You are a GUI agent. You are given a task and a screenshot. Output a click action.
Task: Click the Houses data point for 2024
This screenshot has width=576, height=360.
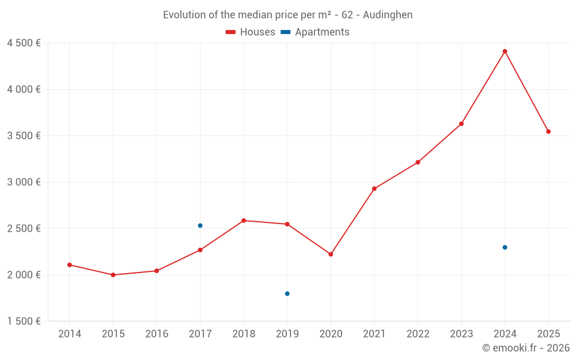505,51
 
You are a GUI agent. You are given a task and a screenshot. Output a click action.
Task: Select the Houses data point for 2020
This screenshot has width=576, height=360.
331,254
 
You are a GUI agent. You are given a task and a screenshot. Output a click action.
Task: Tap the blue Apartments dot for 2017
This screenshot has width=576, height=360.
200,225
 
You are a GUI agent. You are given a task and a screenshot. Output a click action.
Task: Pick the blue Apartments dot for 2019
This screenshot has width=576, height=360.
287,294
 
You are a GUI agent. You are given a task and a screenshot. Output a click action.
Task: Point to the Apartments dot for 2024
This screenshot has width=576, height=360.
505,247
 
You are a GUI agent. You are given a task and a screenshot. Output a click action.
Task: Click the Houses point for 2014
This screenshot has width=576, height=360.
70,265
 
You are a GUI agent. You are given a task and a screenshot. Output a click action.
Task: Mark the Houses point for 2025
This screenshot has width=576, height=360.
548,131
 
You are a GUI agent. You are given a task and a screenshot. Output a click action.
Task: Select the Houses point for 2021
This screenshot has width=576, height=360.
374,188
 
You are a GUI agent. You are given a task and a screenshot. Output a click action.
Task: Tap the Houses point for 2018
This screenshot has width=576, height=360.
244,221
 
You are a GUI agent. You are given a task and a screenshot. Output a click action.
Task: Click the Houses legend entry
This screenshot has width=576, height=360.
251,32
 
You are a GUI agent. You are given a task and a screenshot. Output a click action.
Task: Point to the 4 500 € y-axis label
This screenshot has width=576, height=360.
24,43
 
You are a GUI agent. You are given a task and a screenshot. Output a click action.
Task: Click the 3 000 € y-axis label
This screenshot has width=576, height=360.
24,182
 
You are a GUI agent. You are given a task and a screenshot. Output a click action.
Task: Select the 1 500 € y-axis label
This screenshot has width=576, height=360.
24,321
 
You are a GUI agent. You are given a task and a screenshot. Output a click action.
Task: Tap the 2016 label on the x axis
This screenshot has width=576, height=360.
157,334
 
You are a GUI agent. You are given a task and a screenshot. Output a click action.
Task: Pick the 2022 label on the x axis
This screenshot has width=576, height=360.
418,334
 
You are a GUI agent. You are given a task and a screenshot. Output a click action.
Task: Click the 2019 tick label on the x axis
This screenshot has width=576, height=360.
287,334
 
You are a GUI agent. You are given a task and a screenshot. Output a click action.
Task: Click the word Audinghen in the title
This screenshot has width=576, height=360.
388,15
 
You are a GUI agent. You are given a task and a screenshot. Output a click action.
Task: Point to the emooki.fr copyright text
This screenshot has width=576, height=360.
525,348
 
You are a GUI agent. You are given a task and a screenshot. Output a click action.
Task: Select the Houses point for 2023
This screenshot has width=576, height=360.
461,124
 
